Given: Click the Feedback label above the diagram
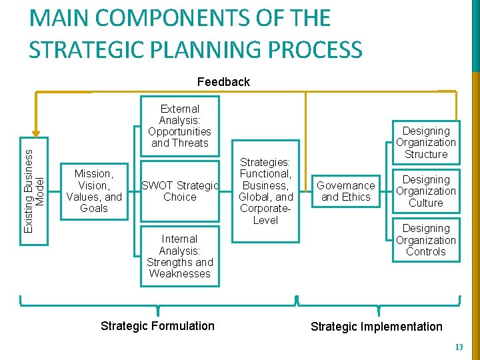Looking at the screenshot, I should (223, 82).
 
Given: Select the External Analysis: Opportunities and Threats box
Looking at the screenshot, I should (179, 125).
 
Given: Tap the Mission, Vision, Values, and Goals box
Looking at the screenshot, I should (93, 191).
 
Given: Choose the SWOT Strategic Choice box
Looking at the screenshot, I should (179, 191).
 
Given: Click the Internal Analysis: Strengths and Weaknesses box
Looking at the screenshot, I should (179, 256).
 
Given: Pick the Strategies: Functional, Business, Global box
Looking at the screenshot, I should (265, 191).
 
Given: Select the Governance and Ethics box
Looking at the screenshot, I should (345, 191).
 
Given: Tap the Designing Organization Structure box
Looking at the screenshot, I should (425, 143).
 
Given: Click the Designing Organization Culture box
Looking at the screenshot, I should (425, 191).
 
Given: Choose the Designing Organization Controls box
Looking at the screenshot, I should (425, 240).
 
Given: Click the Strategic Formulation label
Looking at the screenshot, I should (157, 326).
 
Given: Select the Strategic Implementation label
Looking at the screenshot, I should (377, 327).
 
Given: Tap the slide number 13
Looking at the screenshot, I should (458, 347).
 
